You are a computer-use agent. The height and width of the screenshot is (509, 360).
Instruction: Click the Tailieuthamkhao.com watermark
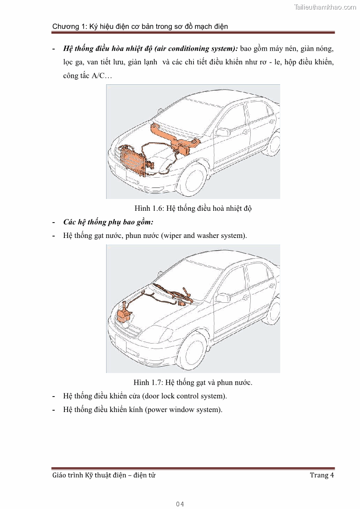[x=325, y=7]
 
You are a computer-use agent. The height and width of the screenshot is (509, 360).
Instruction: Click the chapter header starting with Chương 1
[x=140, y=26]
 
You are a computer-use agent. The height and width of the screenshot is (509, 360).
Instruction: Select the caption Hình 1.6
[x=193, y=208]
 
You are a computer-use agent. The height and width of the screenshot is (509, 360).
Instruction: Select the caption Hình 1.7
[x=193, y=382]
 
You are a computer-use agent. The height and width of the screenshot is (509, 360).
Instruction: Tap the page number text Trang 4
[x=321, y=475]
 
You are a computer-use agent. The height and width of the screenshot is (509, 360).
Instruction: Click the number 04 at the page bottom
[x=180, y=504]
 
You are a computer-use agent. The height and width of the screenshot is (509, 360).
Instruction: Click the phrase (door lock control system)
[x=184, y=396]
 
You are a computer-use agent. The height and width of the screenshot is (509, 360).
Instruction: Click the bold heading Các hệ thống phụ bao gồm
[x=108, y=222]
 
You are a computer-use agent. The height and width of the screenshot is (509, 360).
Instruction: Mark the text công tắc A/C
[x=88, y=76]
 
